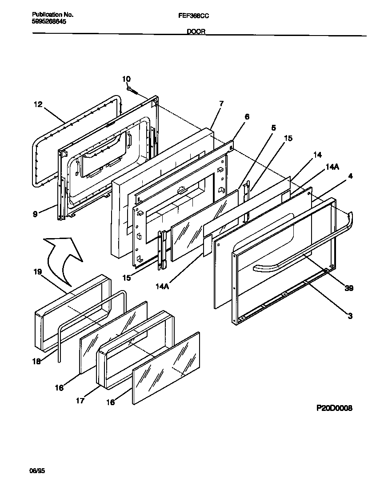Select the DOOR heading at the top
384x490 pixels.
[x=195, y=32]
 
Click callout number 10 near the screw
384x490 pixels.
[x=126, y=79]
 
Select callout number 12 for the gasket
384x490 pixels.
[x=38, y=105]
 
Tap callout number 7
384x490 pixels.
[x=221, y=104]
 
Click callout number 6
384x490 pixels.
[x=247, y=117]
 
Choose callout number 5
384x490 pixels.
[x=273, y=128]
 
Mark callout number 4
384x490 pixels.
[x=351, y=176]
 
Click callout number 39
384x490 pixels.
[x=349, y=288]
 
